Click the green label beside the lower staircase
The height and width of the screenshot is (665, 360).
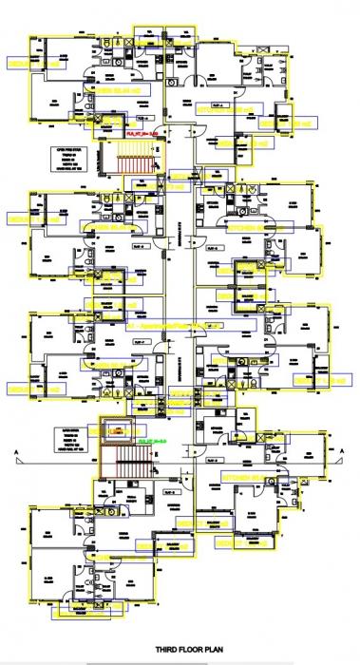(x=152, y=442)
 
